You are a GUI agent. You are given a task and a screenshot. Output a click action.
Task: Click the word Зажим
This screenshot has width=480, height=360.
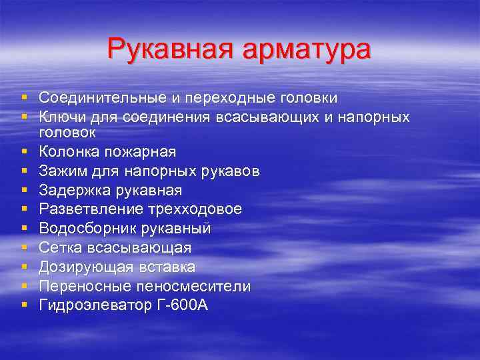coord(60,171)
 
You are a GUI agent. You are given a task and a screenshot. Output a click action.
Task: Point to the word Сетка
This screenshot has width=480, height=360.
coord(58,247)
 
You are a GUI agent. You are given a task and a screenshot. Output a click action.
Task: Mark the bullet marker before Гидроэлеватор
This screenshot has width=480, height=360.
coord(25,305)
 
